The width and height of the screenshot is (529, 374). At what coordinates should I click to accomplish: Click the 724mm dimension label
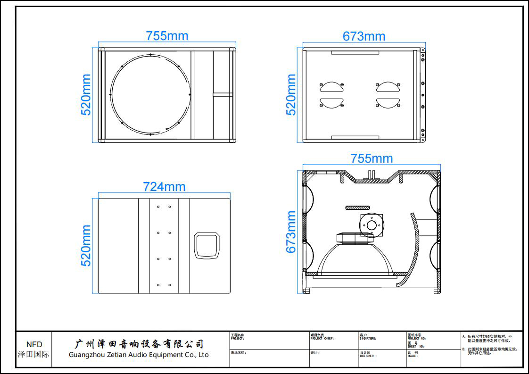pos(164,187)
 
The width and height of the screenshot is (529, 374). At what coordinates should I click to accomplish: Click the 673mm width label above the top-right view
pos(364,36)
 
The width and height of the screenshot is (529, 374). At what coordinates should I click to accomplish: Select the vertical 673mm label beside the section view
pos(291,232)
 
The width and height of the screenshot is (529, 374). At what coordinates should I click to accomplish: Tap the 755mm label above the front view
pos(167,36)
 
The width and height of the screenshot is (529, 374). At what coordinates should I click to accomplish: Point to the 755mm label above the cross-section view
pos(372,158)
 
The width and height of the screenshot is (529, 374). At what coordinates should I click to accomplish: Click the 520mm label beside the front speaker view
pos(86,94)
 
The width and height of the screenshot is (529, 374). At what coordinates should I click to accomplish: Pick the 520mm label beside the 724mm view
pos(86,245)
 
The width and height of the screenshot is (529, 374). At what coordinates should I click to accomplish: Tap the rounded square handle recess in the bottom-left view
pos(207,245)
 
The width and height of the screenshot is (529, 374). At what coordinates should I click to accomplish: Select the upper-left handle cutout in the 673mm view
pos(332,87)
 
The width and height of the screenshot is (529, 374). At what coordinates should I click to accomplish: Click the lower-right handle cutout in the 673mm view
pos(388,103)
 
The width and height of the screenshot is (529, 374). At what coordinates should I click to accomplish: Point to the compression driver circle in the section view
pos(372,225)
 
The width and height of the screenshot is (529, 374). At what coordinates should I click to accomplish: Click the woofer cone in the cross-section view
pos(356,259)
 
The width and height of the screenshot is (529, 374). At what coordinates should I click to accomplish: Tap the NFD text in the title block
pos(34,345)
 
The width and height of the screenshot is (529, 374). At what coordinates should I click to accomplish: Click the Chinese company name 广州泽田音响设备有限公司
pos(140,343)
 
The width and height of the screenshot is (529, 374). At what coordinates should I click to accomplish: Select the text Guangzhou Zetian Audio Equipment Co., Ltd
pos(139,355)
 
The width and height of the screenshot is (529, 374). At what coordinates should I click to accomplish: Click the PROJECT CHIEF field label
pos(322,338)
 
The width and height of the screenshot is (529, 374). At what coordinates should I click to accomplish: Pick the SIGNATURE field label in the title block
pos(368,338)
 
